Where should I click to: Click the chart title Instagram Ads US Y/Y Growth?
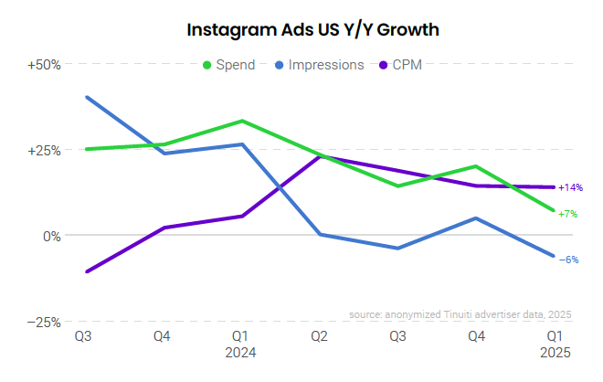(313, 29)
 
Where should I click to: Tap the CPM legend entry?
(407, 65)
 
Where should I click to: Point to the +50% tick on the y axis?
(43, 65)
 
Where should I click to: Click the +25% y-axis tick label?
(43, 150)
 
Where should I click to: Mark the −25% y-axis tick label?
(43, 322)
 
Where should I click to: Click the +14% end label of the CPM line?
(570, 187)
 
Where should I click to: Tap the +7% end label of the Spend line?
(567, 214)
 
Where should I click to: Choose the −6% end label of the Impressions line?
(567, 260)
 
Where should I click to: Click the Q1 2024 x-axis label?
(241, 344)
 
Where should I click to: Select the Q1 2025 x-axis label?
(554, 344)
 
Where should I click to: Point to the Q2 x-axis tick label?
(320, 336)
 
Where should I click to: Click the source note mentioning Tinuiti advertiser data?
(460, 314)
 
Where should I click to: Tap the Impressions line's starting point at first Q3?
(86, 97)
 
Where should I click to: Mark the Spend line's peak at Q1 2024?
(241, 121)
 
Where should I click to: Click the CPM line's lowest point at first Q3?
(86, 271)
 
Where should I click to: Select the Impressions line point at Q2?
(320, 235)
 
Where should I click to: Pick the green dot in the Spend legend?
(207, 65)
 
